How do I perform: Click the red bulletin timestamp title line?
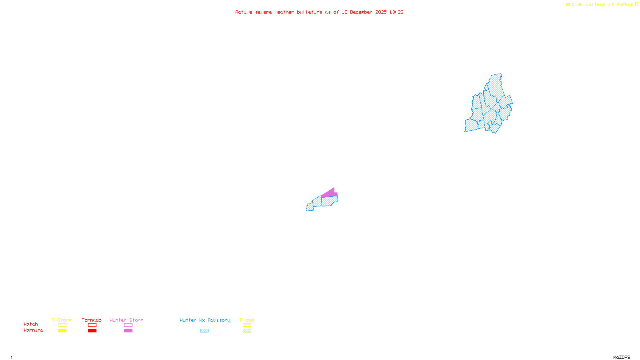319,12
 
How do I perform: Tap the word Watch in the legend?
31,324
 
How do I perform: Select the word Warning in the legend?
34,330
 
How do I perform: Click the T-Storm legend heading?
62,320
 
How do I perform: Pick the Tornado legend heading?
92,320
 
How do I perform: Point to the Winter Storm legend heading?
126,320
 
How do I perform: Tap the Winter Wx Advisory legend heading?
205,320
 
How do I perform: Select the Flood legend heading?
247,320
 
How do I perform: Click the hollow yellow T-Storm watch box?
62,325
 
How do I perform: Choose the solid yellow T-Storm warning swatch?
62,331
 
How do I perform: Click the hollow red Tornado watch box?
92,325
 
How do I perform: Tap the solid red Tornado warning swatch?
92,331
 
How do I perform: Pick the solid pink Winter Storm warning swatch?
128,331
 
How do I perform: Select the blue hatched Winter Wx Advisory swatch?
204,331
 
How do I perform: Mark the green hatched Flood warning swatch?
247,331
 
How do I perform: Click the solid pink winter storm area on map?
330,193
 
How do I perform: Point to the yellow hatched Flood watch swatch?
247,325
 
